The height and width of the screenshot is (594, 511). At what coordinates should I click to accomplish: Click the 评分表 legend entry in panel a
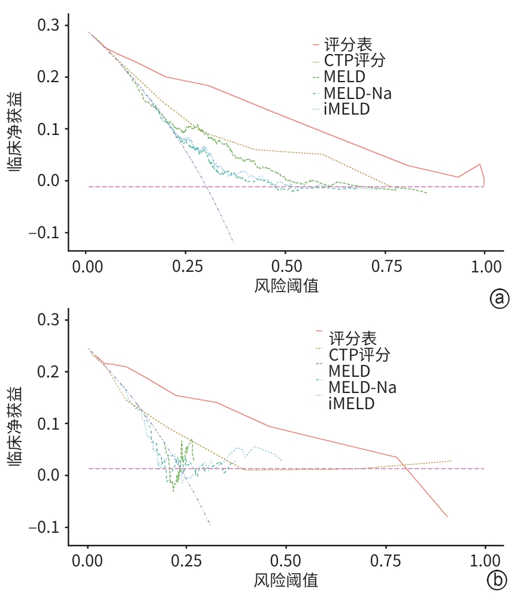tap(347, 44)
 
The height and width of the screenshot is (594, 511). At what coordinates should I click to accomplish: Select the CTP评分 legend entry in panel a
tap(354, 61)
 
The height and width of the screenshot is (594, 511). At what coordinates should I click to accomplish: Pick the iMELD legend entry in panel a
tap(347, 110)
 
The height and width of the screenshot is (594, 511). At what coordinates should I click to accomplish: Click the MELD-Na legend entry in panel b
tap(362, 387)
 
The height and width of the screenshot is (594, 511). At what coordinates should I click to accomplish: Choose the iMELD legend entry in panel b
tap(351, 403)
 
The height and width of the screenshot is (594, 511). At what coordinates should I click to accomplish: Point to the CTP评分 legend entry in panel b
tap(359, 355)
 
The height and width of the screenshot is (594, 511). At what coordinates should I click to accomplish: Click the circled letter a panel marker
tap(499, 298)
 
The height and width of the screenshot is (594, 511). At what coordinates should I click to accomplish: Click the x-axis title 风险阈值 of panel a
tap(286, 285)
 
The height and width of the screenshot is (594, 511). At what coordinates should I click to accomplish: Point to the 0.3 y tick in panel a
tap(49, 25)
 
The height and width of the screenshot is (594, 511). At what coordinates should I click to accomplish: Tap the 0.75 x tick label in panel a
tap(385, 266)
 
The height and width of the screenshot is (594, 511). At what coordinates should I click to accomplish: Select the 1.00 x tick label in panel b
tap(485, 560)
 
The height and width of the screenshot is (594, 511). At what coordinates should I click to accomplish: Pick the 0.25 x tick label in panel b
tap(186, 560)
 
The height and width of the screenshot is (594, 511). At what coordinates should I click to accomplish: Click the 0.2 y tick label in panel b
tap(49, 372)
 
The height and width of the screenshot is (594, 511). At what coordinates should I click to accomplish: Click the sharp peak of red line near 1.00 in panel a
tap(479, 164)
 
